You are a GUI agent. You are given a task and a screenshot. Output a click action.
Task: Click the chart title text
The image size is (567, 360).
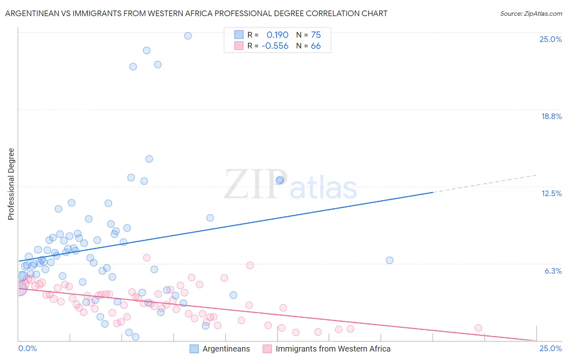(x=196, y=13)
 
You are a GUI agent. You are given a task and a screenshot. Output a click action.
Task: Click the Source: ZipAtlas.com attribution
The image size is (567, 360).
(x=531, y=13)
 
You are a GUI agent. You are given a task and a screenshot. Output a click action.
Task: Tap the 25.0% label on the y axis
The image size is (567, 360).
(x=550, y=39)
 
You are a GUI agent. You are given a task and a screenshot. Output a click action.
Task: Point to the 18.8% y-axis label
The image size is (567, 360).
(x=551, y=116)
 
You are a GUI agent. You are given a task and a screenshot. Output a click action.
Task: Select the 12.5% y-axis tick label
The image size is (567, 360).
(x=551, y=193)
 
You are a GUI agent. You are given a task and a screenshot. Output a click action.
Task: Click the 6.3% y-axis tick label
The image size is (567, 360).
(x=553, y=271)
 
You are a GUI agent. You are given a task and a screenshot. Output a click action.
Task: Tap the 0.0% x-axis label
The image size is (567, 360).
(x=27, y=348)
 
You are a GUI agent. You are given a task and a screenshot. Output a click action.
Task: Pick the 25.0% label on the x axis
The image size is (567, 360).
(x=550, y=348)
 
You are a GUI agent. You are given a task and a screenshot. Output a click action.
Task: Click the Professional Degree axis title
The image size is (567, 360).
(x=11, y=184)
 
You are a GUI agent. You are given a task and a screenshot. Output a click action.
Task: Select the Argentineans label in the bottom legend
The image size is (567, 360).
(x=226, y=349)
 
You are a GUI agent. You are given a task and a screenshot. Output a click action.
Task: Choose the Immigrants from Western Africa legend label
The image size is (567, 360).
(x=333, y=349)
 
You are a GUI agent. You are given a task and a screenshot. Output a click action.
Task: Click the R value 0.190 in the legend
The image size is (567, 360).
(x=277, y=35)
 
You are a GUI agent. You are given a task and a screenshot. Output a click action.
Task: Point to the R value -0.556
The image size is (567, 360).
(x=275, y=46)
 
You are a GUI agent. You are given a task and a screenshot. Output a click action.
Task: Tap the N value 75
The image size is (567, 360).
(x=316, y=35)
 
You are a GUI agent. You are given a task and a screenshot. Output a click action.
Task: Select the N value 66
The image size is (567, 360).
(x=316, y=46)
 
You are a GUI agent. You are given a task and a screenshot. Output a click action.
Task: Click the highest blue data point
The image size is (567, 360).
(x=188, y=36)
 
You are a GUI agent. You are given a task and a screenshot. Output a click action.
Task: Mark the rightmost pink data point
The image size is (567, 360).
(x=478, y=328)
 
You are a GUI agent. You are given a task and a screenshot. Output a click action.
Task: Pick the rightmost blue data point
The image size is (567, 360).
(x=390, y=260)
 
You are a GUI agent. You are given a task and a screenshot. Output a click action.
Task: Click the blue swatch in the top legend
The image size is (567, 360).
(x=239, y=35)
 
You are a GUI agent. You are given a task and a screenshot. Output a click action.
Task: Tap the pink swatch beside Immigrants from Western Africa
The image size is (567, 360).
(x=267, y=349)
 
